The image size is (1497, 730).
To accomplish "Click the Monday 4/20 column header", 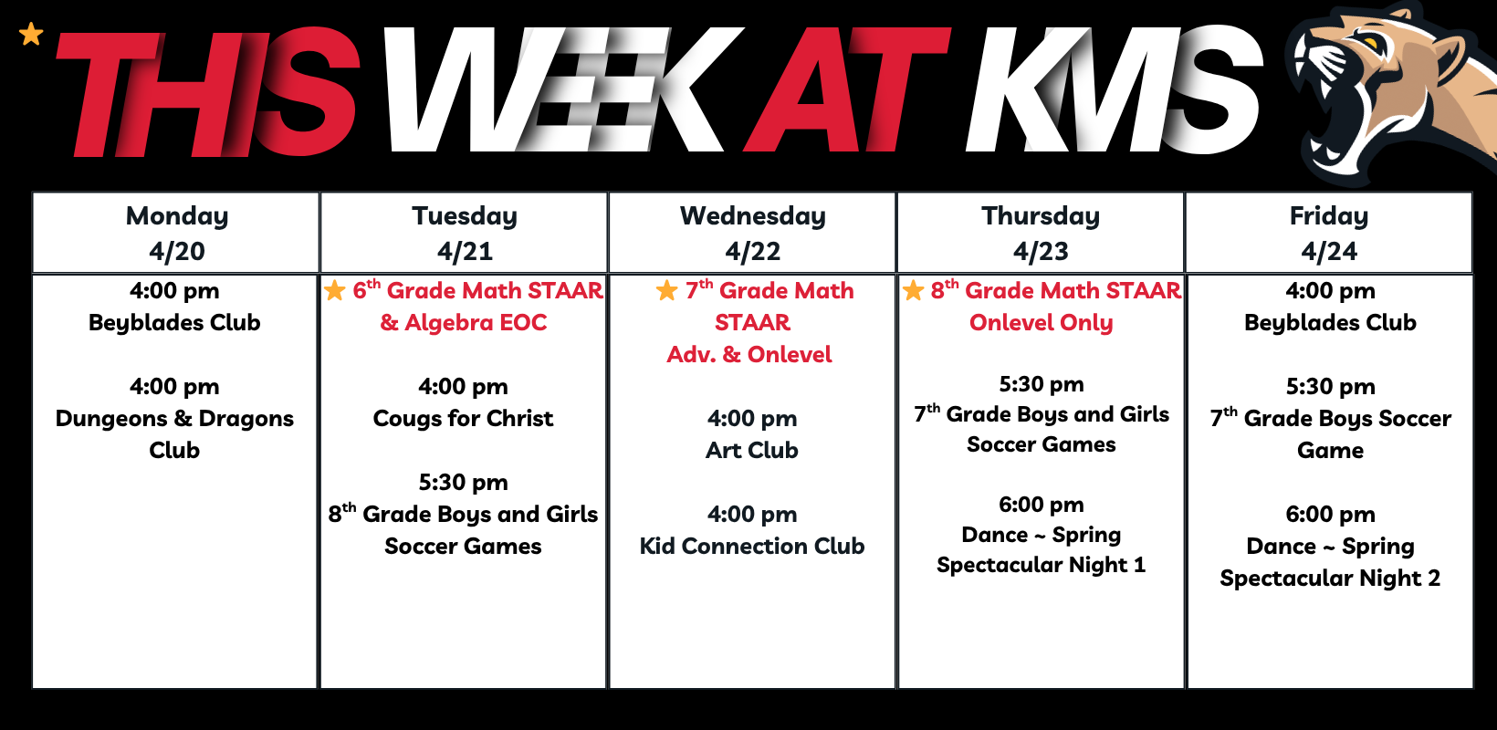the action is pyautogui.click(x=176, y=233).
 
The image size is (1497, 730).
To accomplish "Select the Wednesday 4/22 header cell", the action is pyautogui.click(x=752, y=233).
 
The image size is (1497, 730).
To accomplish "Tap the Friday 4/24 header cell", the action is pyautogui.click(x=1329, y=233).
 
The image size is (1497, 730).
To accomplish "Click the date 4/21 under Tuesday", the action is pyautogui.click(x=466, y=252).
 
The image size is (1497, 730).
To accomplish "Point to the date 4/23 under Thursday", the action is pyautogui.click(x=1041, y=252).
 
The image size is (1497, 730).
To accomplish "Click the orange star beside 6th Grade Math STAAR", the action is pyautogui.click(x=334, y=290).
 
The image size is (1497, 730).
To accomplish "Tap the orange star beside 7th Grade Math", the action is pyautogui.click(x=666, y=290).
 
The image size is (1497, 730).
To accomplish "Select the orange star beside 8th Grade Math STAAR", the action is pyautogui.click(x=913, y=290).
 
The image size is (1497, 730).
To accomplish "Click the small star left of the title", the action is pyautogui.click(x=31, y=34).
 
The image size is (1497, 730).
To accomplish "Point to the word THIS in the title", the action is pyautogui.click(x=207, y=92).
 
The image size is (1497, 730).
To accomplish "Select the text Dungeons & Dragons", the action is pyautogui.click(x=174, y=418).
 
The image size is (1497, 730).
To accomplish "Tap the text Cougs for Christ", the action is pyautogui.click(x=463, y=418).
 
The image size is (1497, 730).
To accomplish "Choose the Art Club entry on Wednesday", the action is pyautogui.click(x=752, y=450).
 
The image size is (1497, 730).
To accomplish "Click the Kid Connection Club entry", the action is pyautogui.click(x=752, y=546).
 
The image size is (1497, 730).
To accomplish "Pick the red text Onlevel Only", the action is pyautogui.click(x=1042, y=323).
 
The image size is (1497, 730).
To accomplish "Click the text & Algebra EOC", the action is pyautogui.click(x=463, y=323).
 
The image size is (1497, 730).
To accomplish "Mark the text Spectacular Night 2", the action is pyautogui.click(x=1330, y=578).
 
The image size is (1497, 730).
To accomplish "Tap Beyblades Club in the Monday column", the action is pyautogui.click(x=174, y=323).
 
